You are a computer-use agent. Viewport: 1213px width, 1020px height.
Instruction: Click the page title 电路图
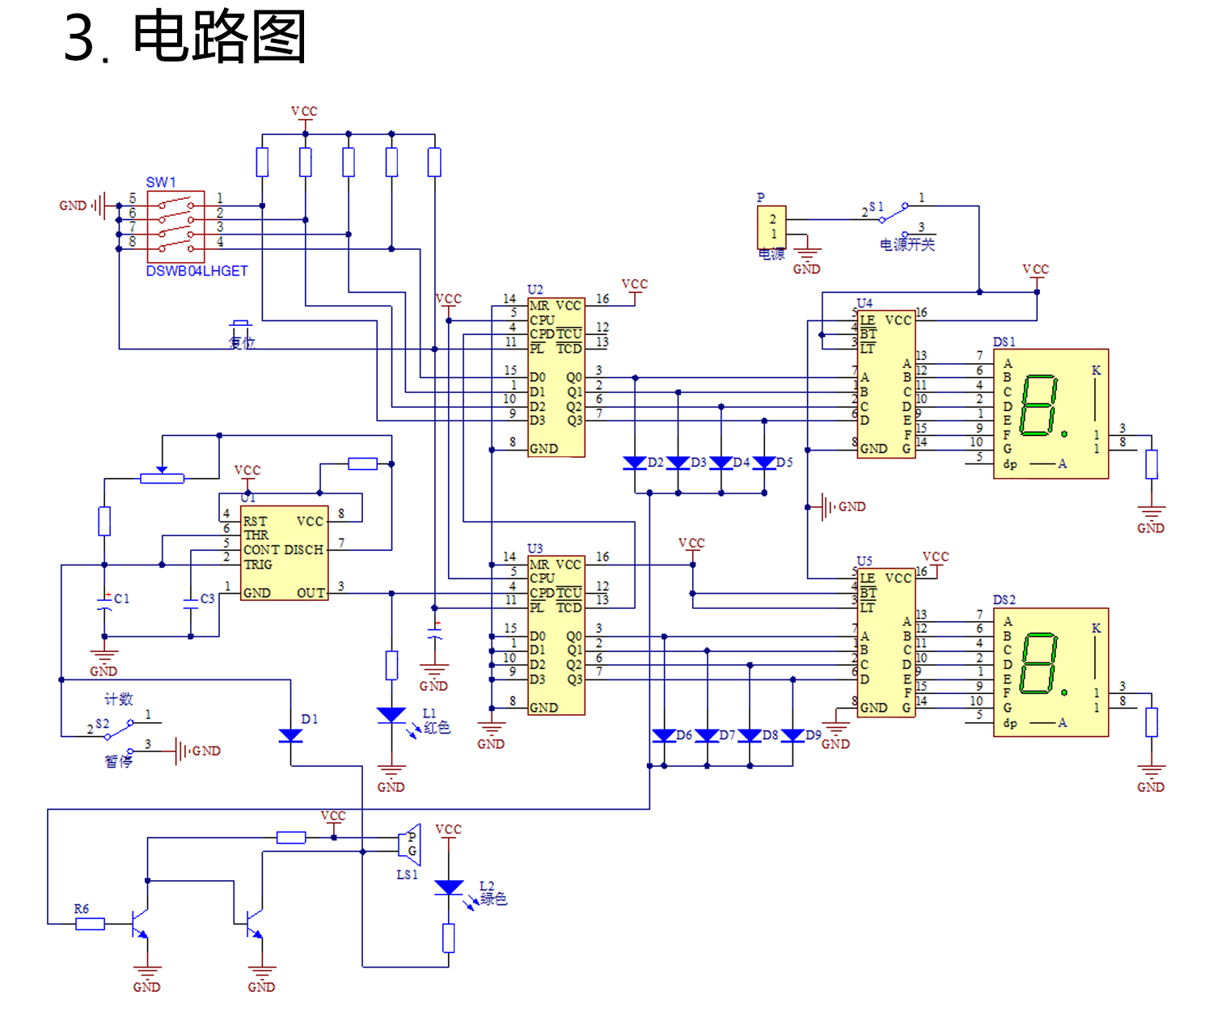coord(218,37)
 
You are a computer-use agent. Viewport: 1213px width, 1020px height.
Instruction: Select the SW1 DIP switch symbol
coord(175,226)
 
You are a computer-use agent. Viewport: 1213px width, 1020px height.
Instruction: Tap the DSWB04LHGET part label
coord(197,271)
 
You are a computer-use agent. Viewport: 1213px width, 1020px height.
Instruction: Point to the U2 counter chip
coord(556,377)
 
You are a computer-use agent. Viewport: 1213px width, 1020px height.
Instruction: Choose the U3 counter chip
coord(556,636)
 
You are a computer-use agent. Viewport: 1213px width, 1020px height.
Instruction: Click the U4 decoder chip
coord(886,384)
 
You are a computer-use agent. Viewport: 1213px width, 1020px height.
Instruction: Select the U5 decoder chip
coord(886,642)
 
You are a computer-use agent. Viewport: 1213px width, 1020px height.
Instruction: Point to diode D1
coord(290,735)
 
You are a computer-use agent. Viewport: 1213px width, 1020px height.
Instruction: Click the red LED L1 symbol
coord(391,715)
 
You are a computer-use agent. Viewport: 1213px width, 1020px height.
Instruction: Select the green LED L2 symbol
coord(449,887)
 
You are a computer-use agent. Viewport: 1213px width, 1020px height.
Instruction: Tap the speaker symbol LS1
coord(410,844)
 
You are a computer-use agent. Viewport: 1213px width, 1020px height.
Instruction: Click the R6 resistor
coord(90,924)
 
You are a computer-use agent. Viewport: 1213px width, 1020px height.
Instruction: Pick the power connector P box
coord(771,226)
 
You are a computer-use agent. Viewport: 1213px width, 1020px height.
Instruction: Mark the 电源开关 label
coord(907,244)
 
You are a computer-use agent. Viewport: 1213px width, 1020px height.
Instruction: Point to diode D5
coord(764,463)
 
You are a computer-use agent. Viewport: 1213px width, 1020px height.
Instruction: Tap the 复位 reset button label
coord(241,342)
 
